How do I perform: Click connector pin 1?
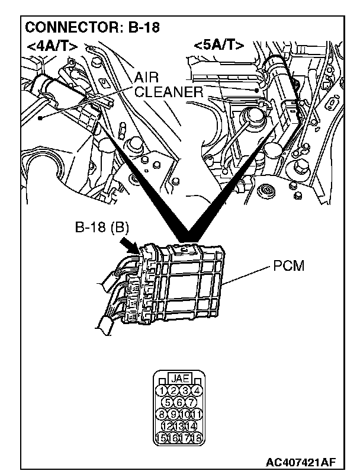pyautogui.click(x=160, y=390)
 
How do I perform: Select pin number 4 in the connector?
pyautogui.click(x=197, y=390)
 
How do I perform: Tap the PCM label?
pyautogui.click(x=288, y=267)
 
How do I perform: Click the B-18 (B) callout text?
pyautogui.click(x=102, y=226)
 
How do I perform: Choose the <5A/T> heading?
pyautogui.click(x=218, y=45)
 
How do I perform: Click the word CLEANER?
pyautogui.click(x=169, y=92)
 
